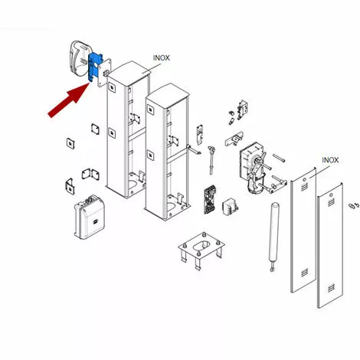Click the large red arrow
click(68, 100)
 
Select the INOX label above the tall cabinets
click(162, 58)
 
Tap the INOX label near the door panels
click(330, 160)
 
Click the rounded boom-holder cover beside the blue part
click(79, 59)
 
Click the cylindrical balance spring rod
click(273, 235)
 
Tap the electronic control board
click(210, 200)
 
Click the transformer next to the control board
click(230, 207)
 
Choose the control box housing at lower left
click(90, 217)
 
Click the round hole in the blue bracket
click(97, 66)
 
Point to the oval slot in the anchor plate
click(201, 246)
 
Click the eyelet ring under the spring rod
click(272, 269)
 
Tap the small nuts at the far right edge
click(355, 206)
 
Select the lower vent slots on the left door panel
click(304, 273)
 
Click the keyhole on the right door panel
click(331, 195)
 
